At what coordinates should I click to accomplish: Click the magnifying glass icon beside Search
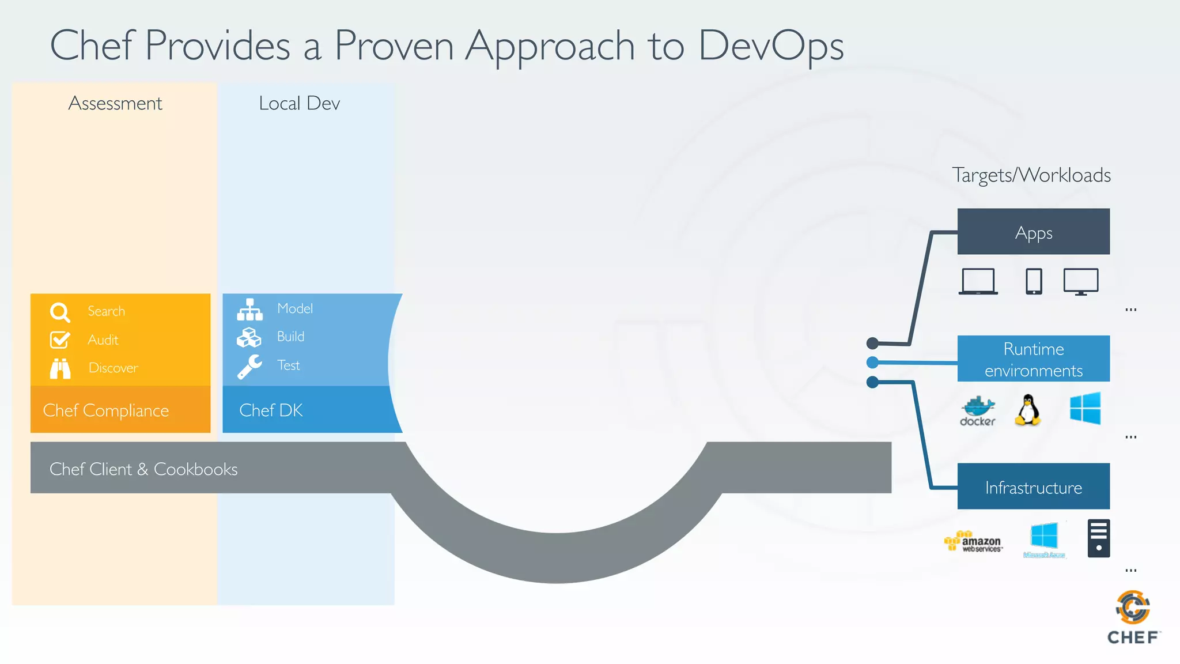(x=60, y=312)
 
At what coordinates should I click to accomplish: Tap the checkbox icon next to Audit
(x=60, y=339)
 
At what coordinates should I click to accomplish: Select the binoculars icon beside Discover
(x=60, y=368)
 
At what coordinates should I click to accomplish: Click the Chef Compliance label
(x=106, y=410)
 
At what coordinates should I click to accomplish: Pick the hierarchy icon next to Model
(x=249, y=310)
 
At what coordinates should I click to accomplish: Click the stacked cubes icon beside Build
(x=249, y=337)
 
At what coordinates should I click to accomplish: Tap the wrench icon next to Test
(x=249, y=367)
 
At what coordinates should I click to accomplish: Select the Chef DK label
(x=271, y=410)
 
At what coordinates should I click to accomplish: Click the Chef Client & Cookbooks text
(x=143, y=469)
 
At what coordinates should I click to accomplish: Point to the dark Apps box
(x=1033, y=232)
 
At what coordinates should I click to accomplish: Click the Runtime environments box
(x=1033, y=359)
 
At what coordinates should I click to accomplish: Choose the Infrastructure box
(x=1033, y=486)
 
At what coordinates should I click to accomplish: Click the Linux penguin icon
(x=1028, y=410)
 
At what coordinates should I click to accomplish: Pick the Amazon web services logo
(x=974, y=541)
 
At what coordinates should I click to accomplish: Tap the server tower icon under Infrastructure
(x=1098, y=538)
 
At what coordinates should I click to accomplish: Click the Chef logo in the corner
(x=1133, y=617)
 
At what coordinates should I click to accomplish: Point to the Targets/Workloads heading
(x=1031, y=175)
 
